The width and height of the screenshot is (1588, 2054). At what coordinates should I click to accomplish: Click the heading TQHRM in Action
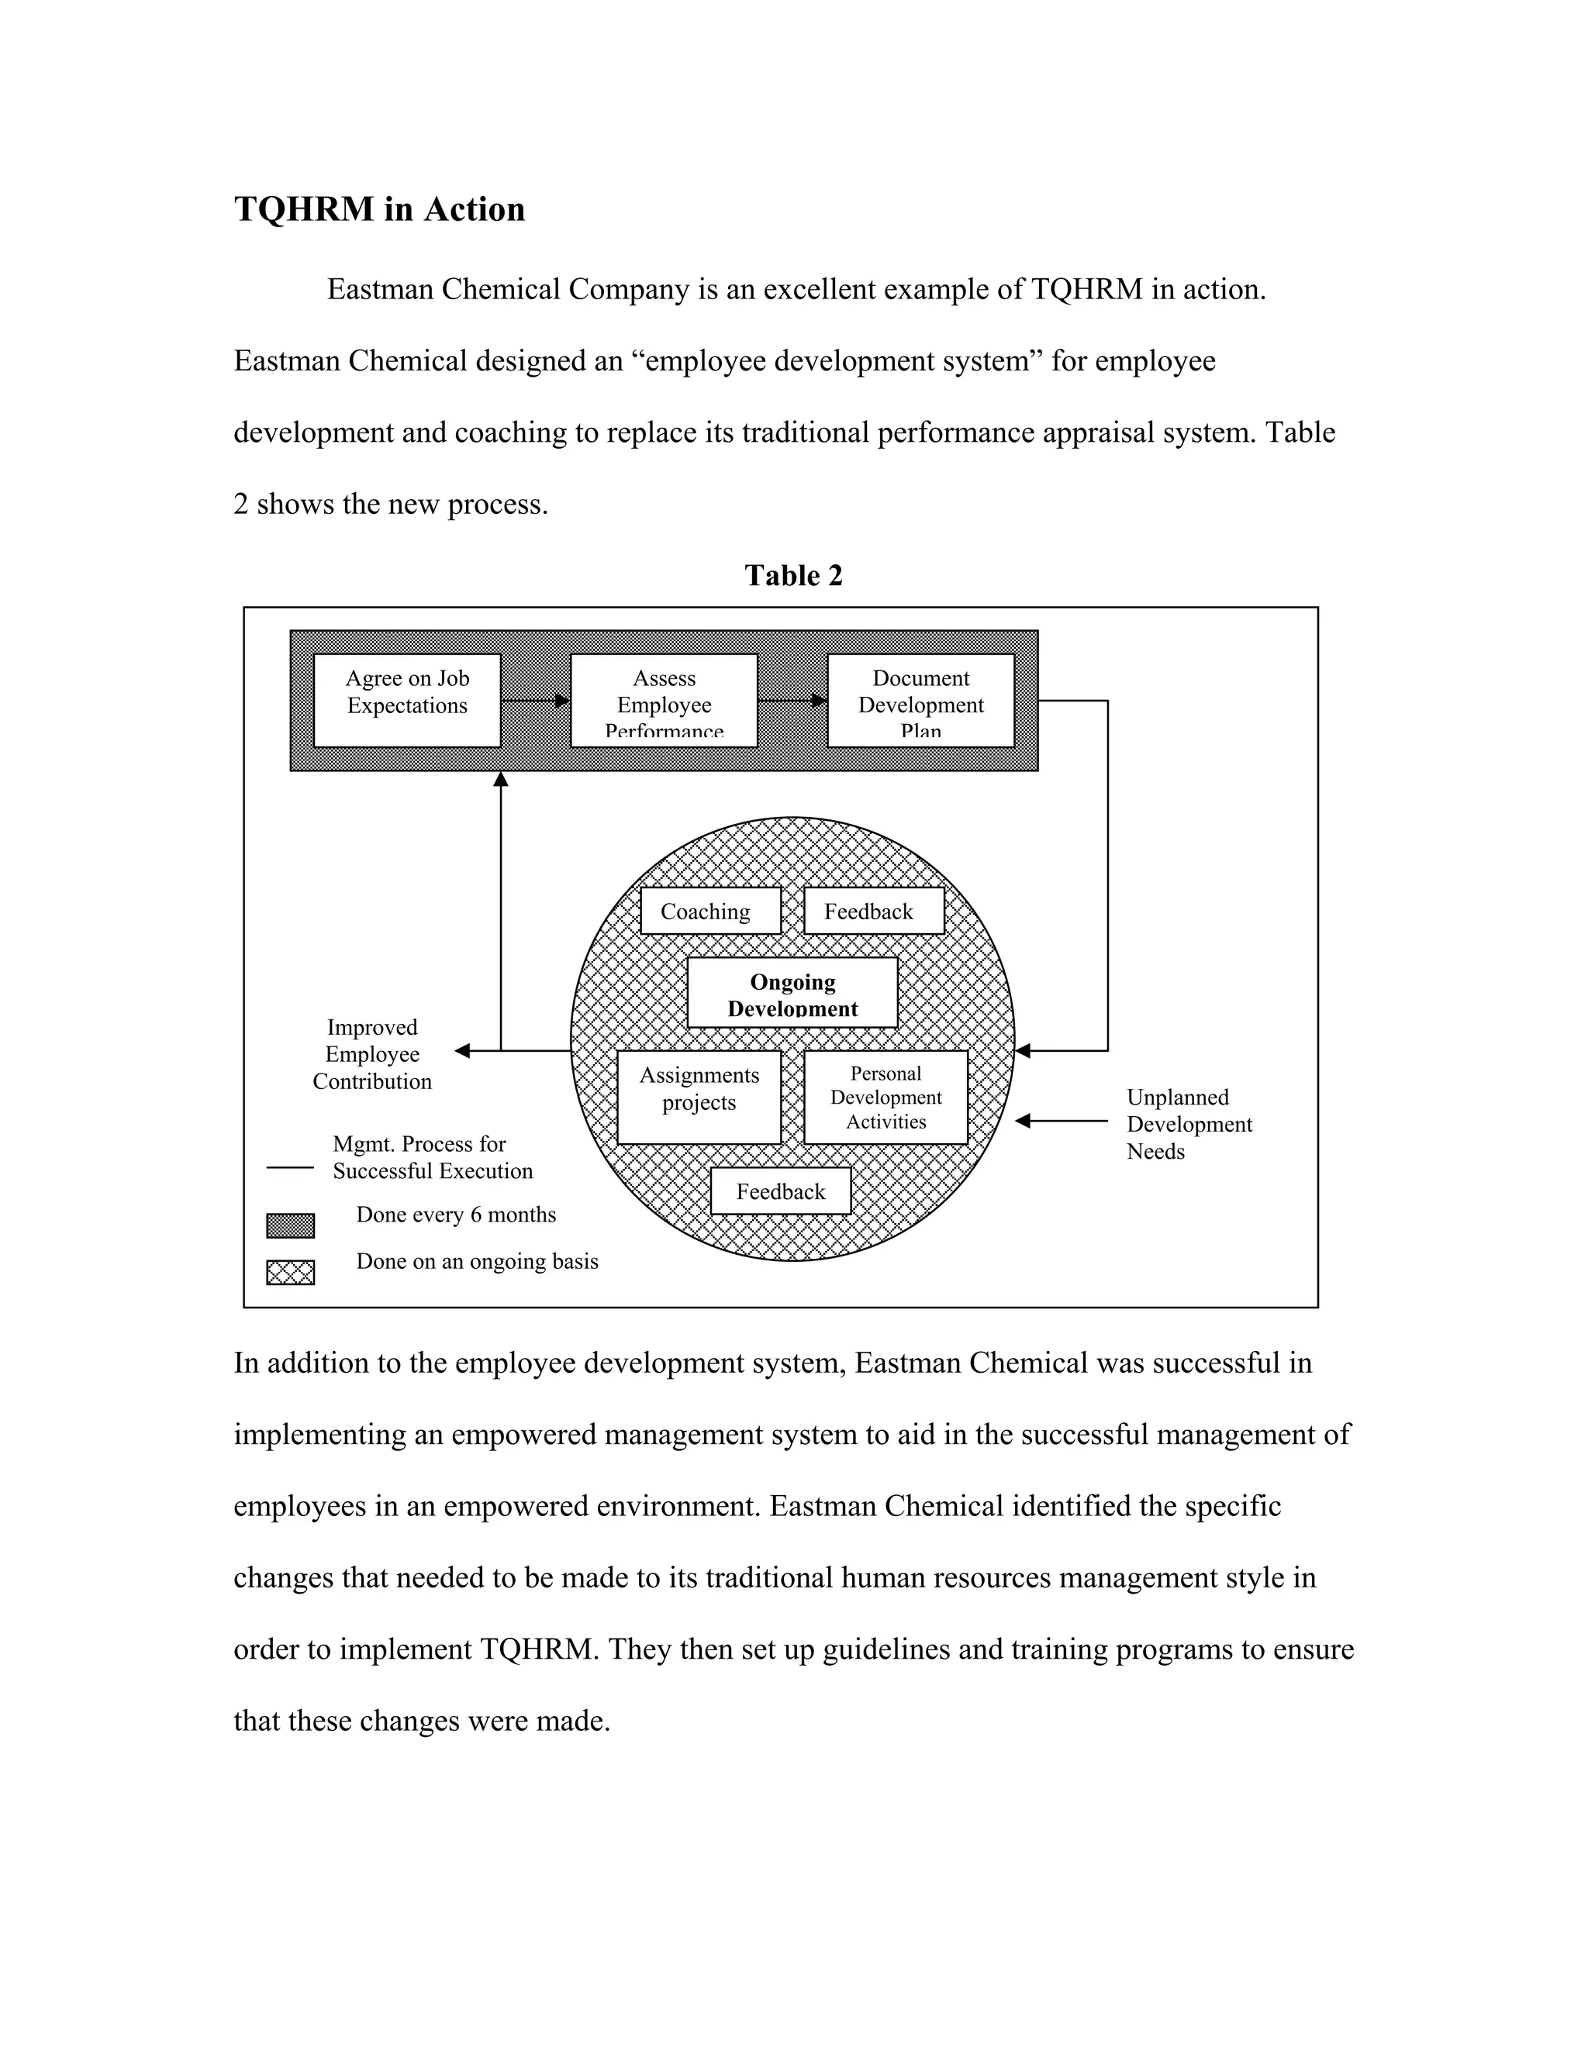pos(379,209)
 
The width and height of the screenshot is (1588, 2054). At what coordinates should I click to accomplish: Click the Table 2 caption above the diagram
pos(793,576)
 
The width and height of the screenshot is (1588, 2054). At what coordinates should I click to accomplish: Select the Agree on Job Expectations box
pos(406,701)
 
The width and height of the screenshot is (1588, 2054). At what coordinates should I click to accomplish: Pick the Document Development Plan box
pos(920,701)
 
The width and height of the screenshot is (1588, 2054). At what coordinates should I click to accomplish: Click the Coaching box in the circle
pos(710,911)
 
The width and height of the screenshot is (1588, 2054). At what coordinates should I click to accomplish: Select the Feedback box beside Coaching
pos(873,911)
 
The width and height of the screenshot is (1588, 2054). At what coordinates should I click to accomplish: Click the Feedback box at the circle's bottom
pos(780,1191)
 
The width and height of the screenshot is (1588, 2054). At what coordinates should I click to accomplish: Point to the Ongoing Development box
pos(792,993)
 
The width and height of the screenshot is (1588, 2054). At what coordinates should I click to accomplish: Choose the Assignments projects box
pos(699,1097)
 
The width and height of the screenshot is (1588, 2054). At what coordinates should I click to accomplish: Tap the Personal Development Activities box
pos(885,1097)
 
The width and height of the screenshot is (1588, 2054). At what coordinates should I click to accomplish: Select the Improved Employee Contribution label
pos(371,1054)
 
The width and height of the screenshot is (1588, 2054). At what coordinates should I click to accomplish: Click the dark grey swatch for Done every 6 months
pos(290,1225)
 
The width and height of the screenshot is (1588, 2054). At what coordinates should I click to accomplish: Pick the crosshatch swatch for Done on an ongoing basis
pos(290,1273)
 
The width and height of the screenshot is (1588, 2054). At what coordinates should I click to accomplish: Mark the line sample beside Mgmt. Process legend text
pos(290,1167)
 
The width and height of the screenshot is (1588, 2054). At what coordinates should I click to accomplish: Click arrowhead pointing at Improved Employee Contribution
pos(462,1050)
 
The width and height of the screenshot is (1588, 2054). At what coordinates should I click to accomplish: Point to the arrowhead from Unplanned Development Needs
pos(1024,1121)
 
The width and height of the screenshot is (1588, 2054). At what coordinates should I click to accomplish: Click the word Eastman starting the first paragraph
pos(380,290)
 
